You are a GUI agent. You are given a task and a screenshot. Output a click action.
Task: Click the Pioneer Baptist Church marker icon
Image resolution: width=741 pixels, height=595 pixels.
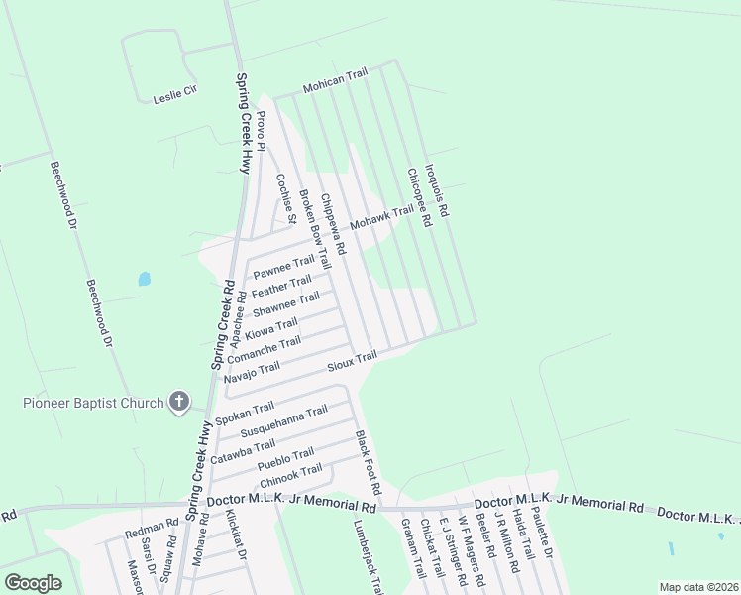(x=178, y=402)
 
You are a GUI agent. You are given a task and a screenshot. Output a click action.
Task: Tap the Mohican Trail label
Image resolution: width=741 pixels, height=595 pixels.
(x=335, y=80)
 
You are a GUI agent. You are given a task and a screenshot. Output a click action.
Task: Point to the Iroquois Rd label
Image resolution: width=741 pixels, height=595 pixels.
(x=437, y=190)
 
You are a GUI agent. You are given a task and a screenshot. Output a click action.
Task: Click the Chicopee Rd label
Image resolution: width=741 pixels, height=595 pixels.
(x=418, y=198)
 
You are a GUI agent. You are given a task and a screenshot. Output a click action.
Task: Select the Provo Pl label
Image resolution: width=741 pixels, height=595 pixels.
(x=262, y=131)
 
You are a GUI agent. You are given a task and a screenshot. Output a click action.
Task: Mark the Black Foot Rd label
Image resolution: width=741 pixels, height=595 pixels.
(x=369, y=463)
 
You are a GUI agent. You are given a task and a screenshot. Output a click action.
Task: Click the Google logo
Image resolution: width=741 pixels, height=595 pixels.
(x=33, y=583)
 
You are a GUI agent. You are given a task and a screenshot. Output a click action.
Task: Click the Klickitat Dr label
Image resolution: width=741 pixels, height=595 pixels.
(x=236, y=536)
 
